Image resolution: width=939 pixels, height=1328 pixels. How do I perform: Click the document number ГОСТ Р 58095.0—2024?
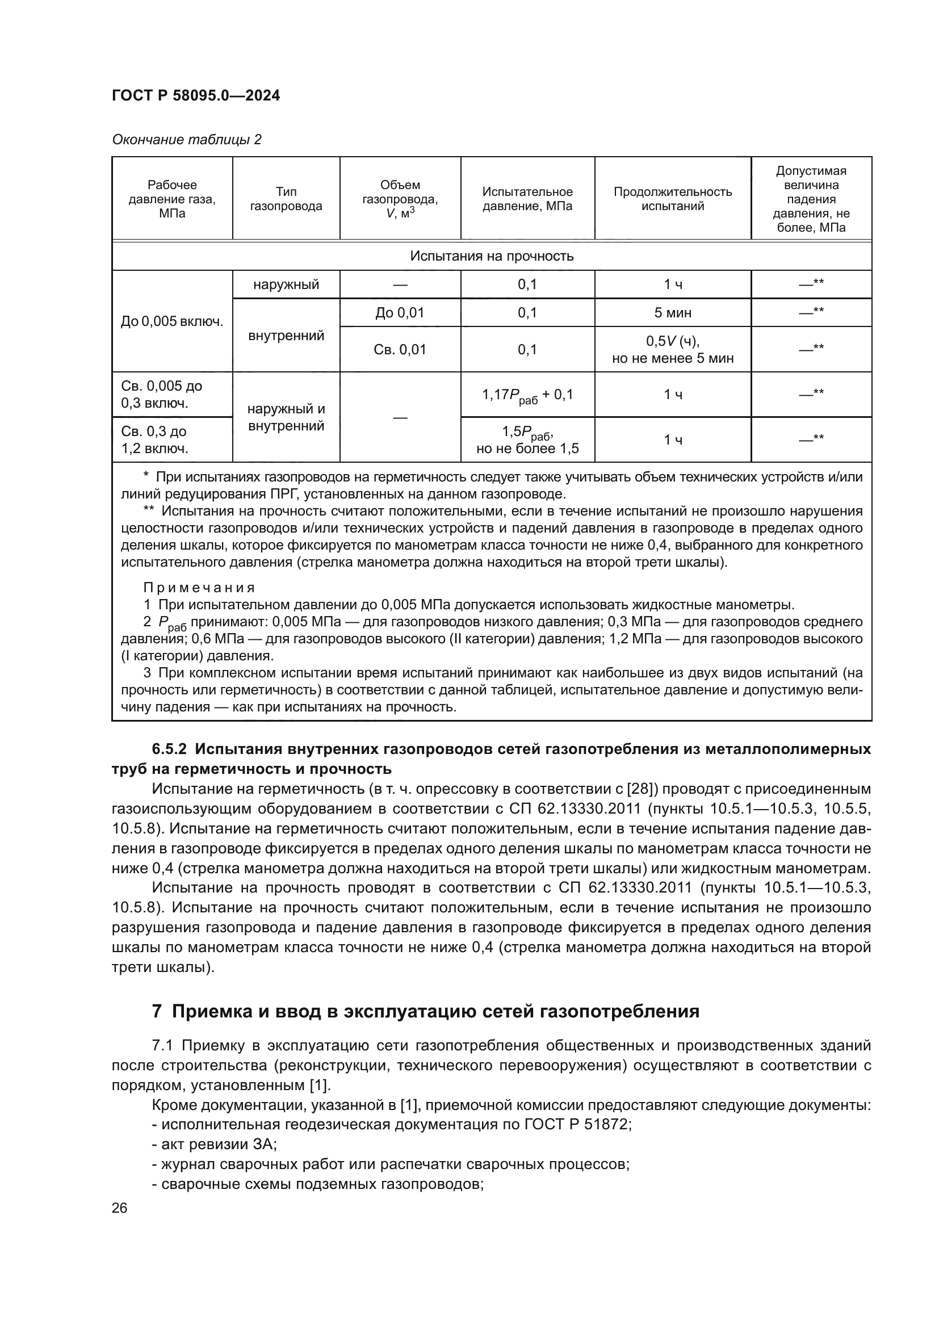pos(195,95)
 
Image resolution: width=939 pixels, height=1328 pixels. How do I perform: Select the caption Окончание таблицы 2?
pos(186,140)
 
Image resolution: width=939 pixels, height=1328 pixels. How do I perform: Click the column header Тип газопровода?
pos(286,199)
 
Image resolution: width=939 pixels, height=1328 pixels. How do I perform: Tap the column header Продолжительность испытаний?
pos(672,199)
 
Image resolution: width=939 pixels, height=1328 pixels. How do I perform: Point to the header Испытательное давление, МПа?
pos(527,199)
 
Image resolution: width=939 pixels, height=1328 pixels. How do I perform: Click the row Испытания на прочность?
pos(492,255)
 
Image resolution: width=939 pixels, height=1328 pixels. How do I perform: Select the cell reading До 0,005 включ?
pos(171,321)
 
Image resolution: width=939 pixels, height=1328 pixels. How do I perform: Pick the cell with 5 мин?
pos(672,313)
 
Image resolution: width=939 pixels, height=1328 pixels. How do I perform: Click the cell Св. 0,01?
pos(400,349)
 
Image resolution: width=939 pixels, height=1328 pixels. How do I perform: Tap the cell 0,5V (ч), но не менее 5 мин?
pos(672,349)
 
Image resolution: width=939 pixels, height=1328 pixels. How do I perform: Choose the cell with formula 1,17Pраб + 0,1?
pos(527,395)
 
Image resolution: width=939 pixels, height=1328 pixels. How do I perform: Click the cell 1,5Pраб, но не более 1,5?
pos(527,440)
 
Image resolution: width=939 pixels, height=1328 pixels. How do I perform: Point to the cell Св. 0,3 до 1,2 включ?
pos(154,440)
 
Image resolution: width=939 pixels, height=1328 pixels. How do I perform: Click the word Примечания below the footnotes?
pos(199,588)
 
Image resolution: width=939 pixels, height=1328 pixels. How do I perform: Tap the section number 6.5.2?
pos(169,749)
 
